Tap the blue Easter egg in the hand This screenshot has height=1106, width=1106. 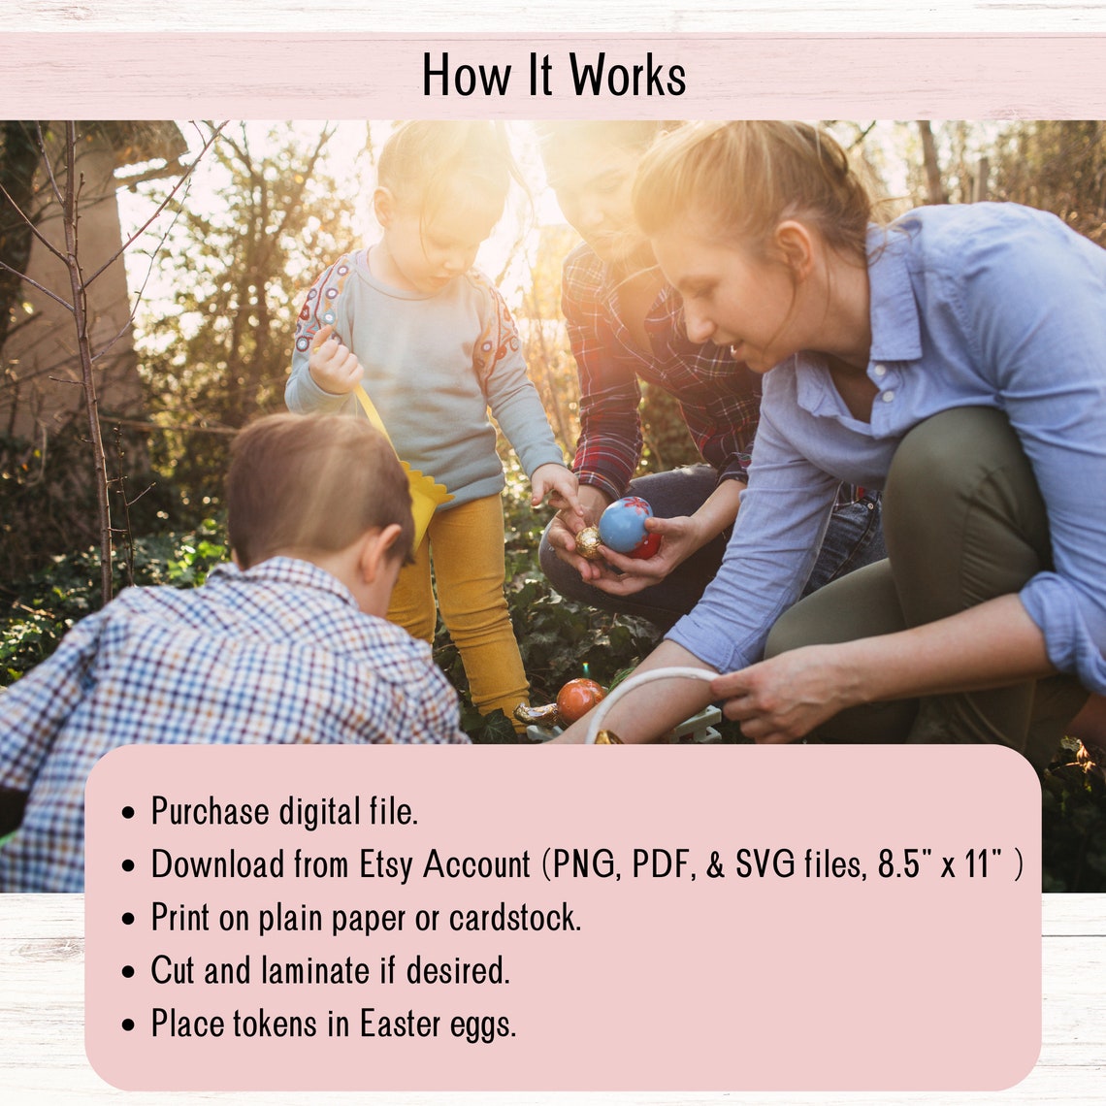click(x=624, y=525)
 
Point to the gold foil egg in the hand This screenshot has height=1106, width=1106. click(x=588, y=541)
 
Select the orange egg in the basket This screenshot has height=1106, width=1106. click(x=579, y=699)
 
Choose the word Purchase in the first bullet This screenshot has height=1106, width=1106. click(x=210, y=812)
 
